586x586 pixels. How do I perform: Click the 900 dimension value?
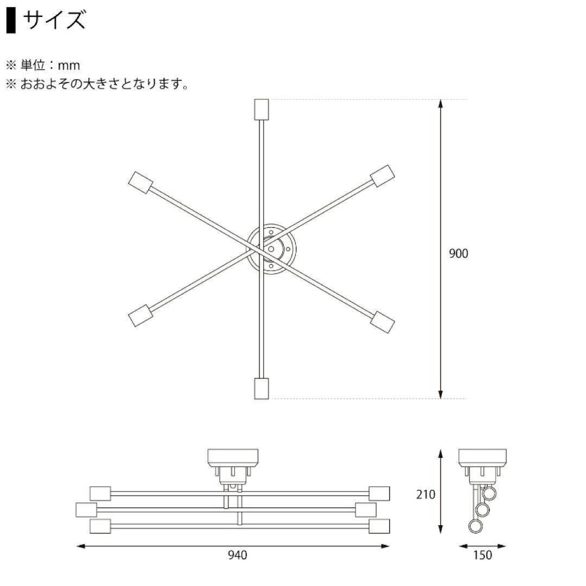(458, 254)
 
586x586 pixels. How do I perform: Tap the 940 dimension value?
(238, 555)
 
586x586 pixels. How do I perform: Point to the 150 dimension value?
(482, 555)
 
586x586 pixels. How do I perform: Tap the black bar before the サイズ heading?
(11, 21)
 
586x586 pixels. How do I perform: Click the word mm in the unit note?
(69, 66)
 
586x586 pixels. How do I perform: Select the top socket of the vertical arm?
(262, 110)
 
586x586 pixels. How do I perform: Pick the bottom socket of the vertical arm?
(262, 388)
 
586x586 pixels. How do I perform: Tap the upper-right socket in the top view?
(383, 176)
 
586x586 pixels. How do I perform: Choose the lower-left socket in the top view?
(140, 315)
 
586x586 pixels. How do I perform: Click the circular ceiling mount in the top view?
(271, 249)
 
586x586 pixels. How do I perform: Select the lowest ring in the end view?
(476, 527)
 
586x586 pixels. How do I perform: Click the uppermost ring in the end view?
(490, 494)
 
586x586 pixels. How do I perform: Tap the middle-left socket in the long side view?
(86, 510)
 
